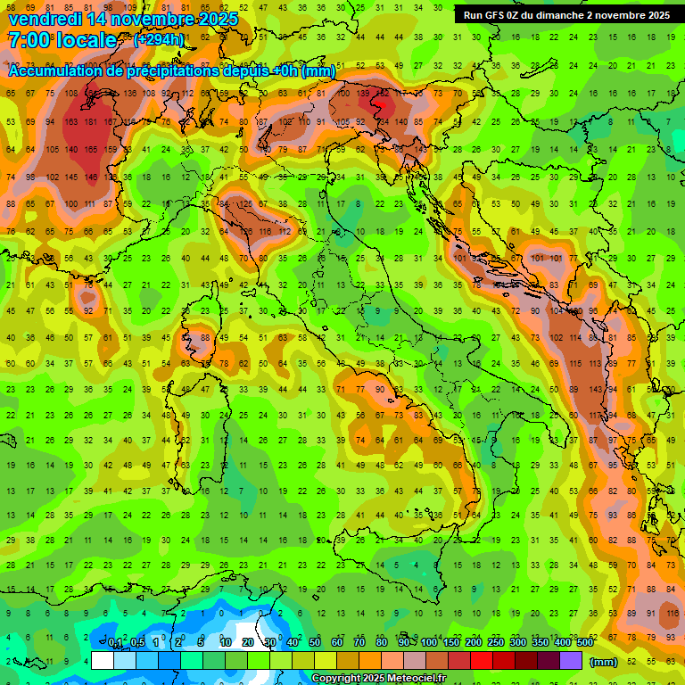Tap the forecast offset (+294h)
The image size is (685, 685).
(158, 39)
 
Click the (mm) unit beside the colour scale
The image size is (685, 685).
(604, 662)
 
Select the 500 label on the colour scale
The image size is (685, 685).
(584, 642)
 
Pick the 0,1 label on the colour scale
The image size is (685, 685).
(115, 642)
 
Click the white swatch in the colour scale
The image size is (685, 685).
(103, 661)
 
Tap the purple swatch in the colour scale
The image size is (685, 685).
(571, 661)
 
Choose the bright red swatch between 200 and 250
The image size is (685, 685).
(482, 661)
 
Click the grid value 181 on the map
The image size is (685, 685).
(90, 121)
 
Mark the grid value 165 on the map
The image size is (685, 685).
(90, 149)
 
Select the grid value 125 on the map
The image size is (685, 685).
(245, 204)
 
